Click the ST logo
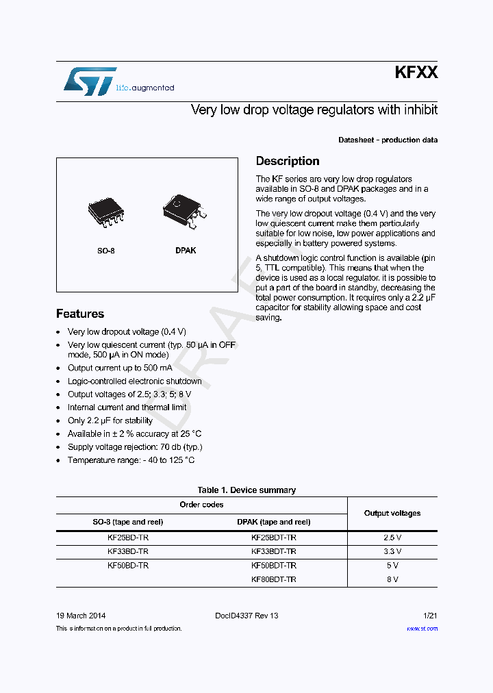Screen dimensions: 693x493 coord(90,81)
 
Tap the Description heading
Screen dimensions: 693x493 coord(288,161)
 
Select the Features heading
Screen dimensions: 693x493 coord(80,314)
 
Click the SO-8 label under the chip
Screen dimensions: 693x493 coord(105,251)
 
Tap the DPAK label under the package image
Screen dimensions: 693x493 coord(185,251)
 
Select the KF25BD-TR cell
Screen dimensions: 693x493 coord(128,538)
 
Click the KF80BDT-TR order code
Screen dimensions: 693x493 coord(274,579)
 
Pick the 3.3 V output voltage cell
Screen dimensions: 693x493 coord(392,551)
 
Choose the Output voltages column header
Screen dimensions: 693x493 coord(392,513)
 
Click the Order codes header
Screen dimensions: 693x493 coord(201,505)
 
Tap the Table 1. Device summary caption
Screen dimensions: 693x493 coord(246,490)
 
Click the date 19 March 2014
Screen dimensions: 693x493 coord(81,616)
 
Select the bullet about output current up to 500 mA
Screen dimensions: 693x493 coord(120,368)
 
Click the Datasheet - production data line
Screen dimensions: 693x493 coord(388,140)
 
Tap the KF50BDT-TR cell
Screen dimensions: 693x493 coord(274,566)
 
